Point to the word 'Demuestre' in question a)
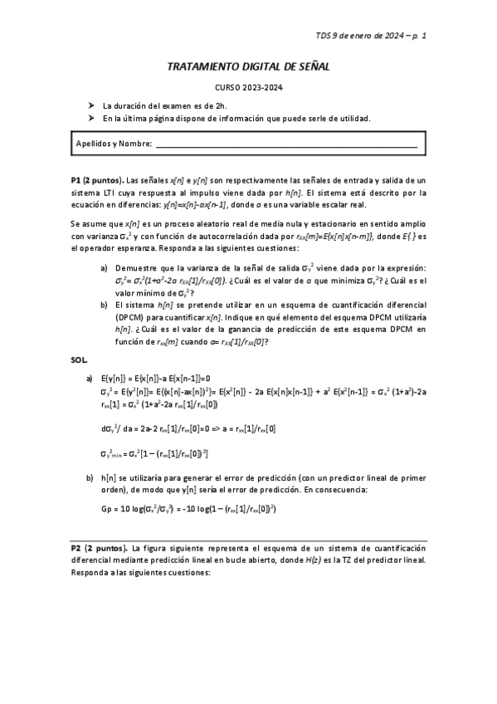[x=136, y=268]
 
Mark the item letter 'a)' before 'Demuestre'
[x=104, y=268]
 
